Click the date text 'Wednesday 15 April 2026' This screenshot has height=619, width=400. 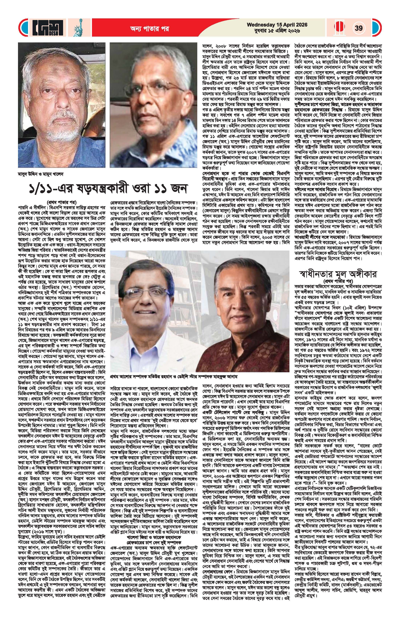click(277, 25)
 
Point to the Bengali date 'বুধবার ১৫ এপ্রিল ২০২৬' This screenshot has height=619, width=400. click(277, 31)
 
